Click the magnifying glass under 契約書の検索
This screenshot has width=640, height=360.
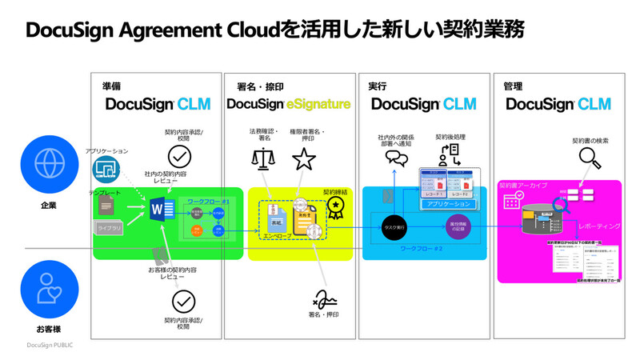point(590,161)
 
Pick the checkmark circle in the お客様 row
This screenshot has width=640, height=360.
point(183,302)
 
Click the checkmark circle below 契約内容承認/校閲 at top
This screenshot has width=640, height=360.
point(179,155)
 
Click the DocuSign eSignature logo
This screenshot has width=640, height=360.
point(288,104)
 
